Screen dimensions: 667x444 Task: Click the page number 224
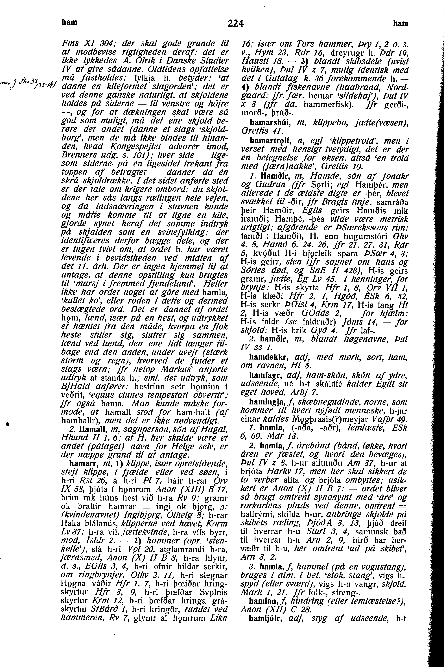pos(236,23)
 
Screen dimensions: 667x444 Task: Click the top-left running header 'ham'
pos(69,22)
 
